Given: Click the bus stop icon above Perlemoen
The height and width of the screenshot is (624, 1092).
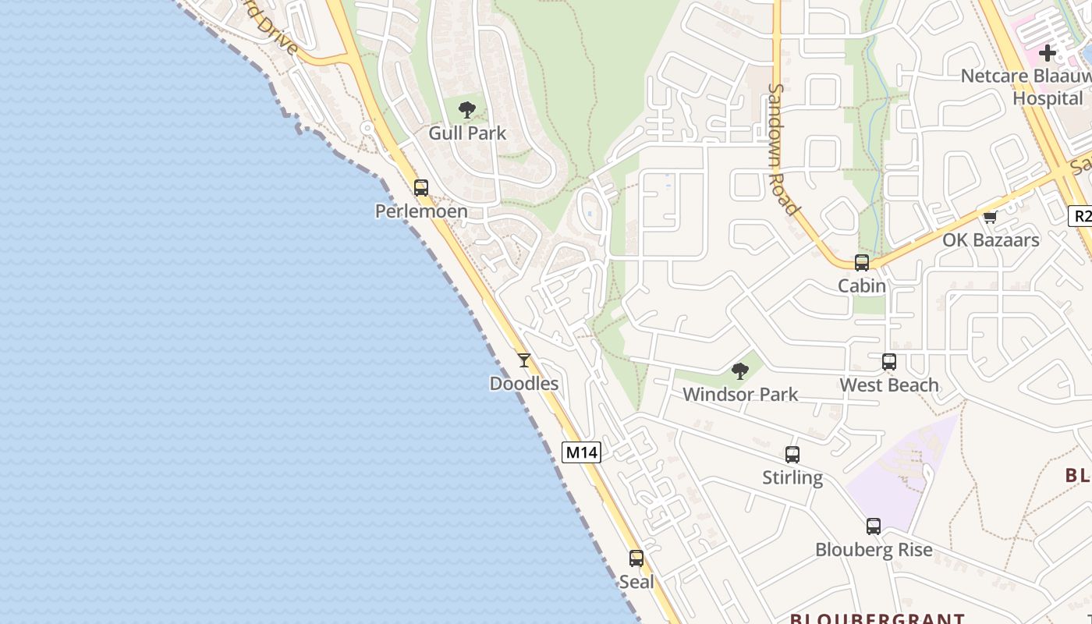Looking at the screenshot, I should [421, 188].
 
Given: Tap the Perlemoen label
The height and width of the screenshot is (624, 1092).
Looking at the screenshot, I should [421, 211].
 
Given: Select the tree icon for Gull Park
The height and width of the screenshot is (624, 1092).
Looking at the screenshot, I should [467, 110].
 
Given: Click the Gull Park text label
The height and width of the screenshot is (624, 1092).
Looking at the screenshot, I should [467, 133].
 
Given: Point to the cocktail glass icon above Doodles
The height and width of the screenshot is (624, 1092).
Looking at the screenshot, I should [524, 360].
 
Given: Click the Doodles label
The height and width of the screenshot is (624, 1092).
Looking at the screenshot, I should [524, 384].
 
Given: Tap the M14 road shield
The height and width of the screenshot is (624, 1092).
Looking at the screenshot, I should [582, 452].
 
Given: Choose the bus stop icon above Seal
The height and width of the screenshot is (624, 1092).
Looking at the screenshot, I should [636, 558].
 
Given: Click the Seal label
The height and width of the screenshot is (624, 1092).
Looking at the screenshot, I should [636, 582].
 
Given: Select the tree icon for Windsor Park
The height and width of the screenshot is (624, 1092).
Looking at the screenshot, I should [740, 371].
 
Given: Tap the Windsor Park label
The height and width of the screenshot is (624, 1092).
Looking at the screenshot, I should [740, 395].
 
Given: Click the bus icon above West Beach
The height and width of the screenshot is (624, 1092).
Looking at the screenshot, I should [889, 362].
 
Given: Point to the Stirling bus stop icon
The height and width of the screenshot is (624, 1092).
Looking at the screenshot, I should [792, 455].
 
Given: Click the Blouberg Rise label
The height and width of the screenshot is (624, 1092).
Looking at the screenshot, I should [874, 550].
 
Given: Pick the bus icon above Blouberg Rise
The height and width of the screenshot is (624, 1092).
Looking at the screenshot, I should [874, 526].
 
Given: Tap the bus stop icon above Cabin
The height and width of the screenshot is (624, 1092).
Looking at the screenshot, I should [862, 263].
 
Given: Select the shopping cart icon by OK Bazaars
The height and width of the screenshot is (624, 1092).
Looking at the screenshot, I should [991, 217].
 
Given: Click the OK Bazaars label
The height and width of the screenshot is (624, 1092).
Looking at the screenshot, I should [991, 240].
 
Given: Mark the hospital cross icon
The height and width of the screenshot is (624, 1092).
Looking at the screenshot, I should [1048, 53].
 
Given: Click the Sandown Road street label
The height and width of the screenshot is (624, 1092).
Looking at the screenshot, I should [783, 148].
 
